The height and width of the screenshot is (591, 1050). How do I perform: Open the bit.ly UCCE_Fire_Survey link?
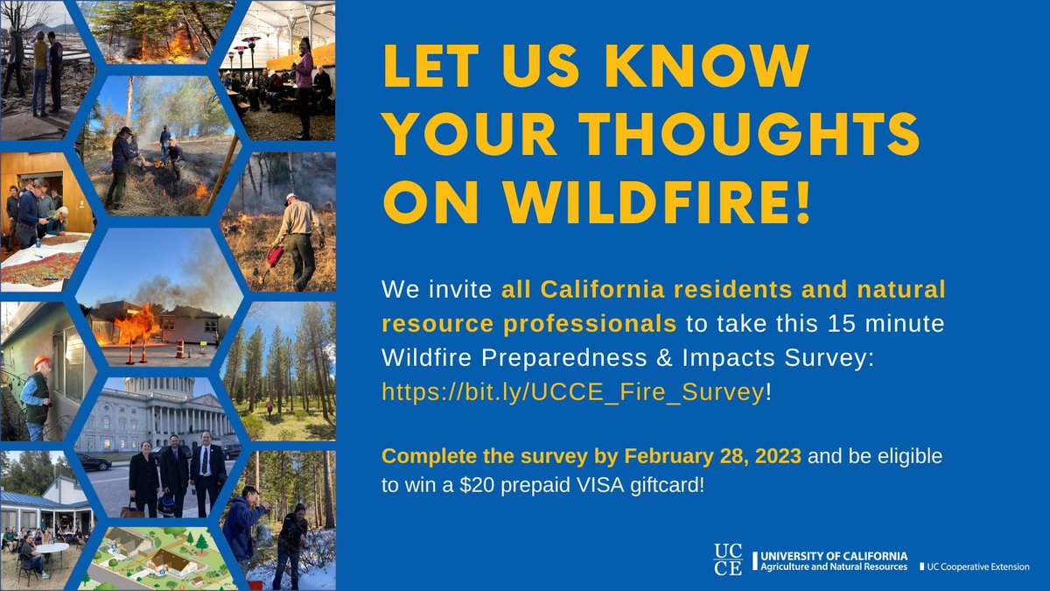(x=572, y=392)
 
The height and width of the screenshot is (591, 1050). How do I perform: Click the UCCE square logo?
(x=728, y=559)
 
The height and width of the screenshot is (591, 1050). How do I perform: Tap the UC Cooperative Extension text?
(x=976, y=567)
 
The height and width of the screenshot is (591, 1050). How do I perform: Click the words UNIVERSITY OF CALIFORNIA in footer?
(x=834, y=556)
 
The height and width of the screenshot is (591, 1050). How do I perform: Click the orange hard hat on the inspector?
(x=38, y=362)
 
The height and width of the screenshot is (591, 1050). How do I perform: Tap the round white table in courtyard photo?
(x=52, y=546)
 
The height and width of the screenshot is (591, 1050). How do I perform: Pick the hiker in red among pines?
(x=269, y=407)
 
